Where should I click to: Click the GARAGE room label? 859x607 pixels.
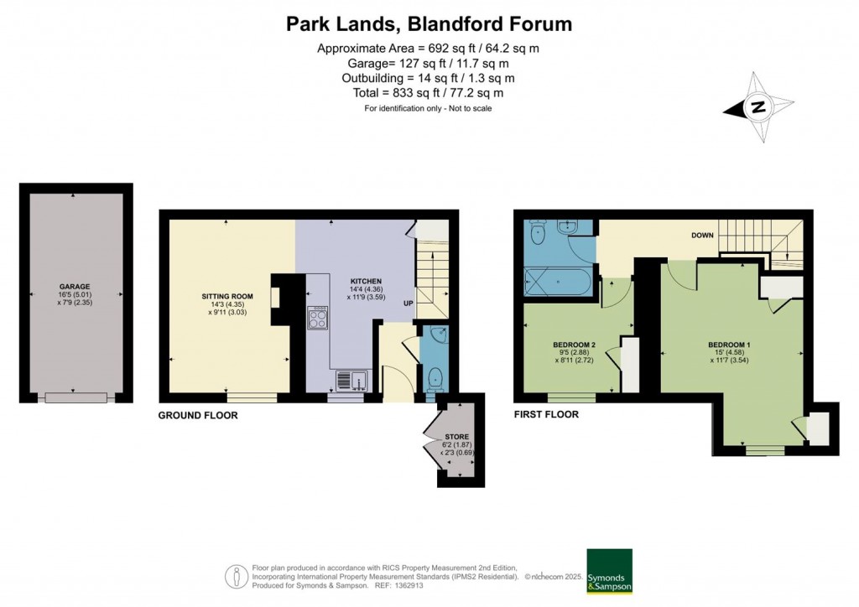click(x=75, y=286)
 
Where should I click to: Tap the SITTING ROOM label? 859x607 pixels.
click(x=227, y=297)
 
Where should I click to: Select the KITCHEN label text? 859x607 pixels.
click(x=366, y=282)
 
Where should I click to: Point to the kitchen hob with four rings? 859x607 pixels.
click(x=318, y=318)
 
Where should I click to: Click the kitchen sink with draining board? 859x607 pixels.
click(x=351, y=380)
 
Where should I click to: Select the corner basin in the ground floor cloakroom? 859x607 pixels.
click(x=440, y=335)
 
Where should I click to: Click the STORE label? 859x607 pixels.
click(x=457, y=437)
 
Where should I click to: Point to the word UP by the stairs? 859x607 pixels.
click(x=409, y=303)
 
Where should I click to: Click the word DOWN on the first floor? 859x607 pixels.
click(x=702, y=236)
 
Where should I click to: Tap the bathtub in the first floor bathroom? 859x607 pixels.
click(x=558, y=282)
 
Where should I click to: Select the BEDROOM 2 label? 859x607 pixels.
click(x=574, y=345)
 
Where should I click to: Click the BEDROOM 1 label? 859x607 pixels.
click(x=729, y=345)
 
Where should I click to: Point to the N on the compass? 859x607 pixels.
click(x=758, y=106)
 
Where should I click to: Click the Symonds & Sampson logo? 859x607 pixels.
click(x=609, y=571)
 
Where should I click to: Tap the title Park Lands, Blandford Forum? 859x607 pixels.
click(x=429, y=24)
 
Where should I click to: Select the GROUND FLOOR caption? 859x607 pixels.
click(x=198, y=416)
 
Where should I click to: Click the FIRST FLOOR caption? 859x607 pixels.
click(x=546, y=414)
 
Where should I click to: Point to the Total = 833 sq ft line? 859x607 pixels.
click(x=428, y=93)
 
